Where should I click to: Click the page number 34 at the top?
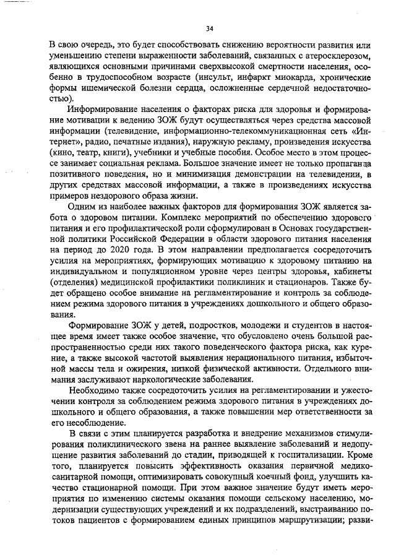209,28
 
